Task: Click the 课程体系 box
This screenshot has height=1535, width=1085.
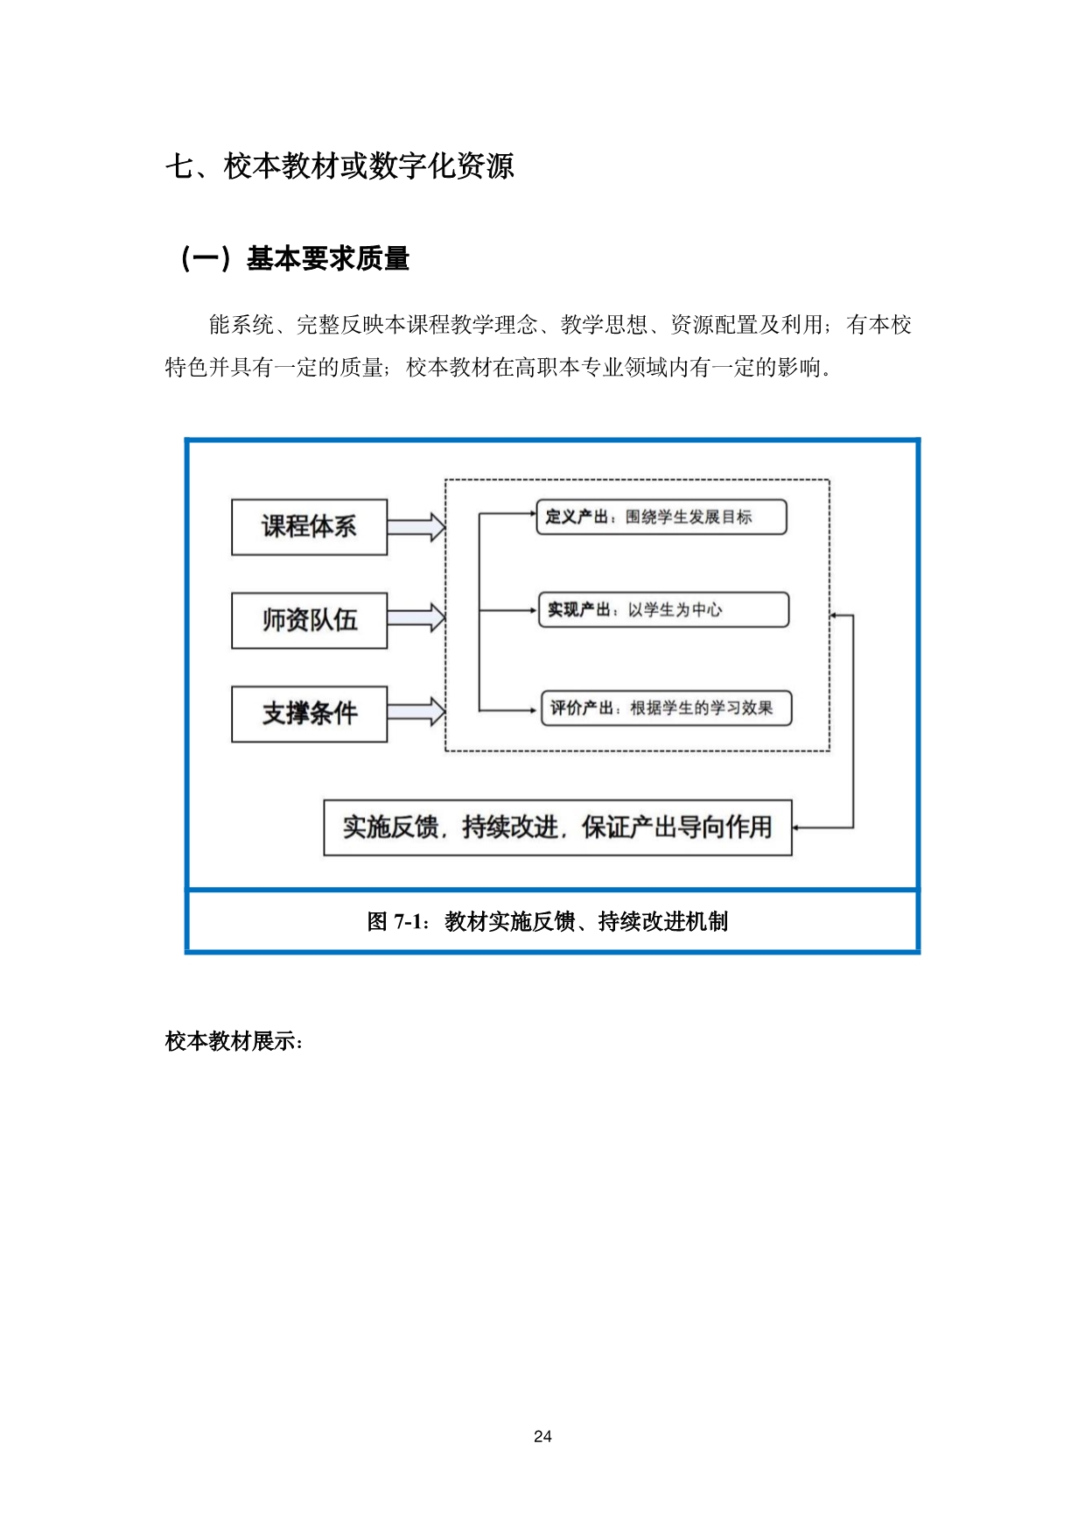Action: [x=309, y=526]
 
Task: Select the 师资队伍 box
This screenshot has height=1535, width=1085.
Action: [x=309, y=620]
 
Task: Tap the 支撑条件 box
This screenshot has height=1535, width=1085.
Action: [x=309, y=714]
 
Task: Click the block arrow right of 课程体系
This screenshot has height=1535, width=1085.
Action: [x=416, y=527]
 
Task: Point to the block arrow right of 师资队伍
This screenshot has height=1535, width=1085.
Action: [x=416, y=618]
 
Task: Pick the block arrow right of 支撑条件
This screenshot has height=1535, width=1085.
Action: [x=416, y=710]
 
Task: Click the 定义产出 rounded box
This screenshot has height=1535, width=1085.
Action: [x=661, y=517]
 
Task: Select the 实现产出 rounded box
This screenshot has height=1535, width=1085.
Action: [x=663, y=609]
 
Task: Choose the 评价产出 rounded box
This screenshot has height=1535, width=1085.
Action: [x=666, y=708]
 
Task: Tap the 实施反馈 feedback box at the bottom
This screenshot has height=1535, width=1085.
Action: [x=557, y=827]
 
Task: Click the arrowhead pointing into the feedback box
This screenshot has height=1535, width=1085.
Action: [x=797, y=827]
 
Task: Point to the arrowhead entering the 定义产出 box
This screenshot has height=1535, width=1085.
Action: [x=531, y=512]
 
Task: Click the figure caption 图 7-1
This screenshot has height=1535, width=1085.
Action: [x=548, y=921]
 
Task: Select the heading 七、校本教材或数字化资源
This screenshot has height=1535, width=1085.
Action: [x=339, y=165]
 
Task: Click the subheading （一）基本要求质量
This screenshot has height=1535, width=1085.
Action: [x=293, y=258]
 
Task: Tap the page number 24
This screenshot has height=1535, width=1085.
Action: [x=542, y=1436]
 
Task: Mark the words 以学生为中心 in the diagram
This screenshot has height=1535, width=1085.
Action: [x=675, y=609]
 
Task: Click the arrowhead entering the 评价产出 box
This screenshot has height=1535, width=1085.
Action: [x=535, y=710]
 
